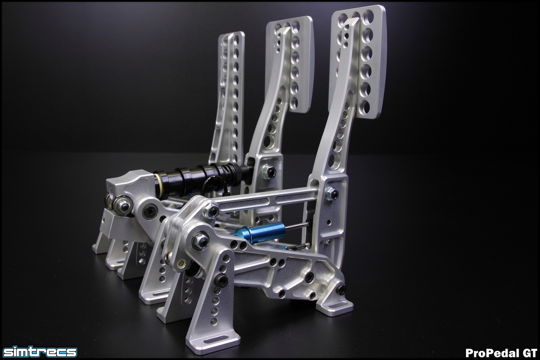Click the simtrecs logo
pyautogui.click(x=40, y=352)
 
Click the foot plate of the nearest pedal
pyautogui.click(x=358, y=62)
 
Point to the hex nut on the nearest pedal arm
pyautogui.click(x=332, y=194)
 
